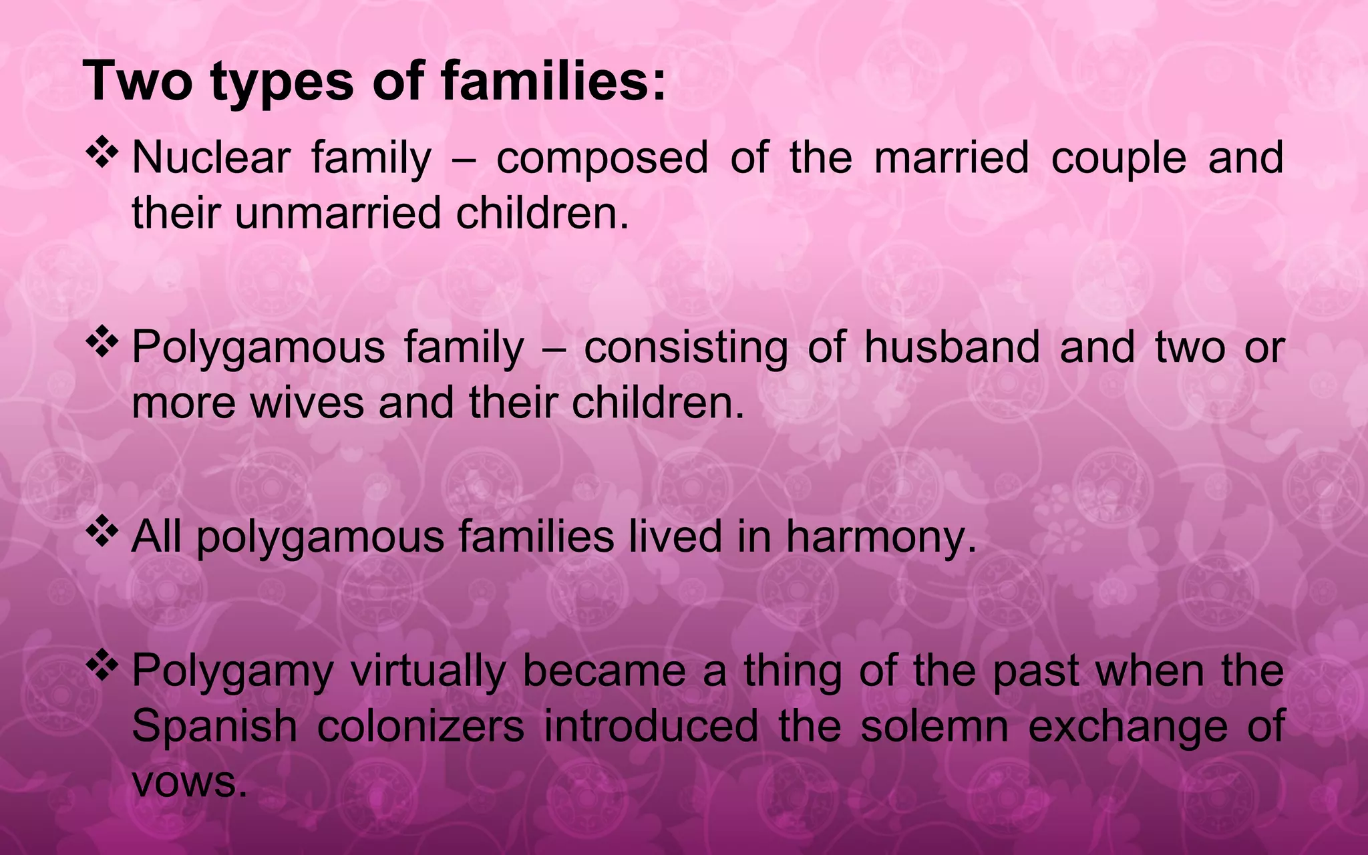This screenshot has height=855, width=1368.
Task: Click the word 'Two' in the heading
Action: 138,81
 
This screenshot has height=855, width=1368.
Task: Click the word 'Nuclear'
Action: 211,158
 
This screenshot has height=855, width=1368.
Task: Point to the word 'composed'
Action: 602,158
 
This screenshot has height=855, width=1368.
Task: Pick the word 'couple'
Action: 1119,158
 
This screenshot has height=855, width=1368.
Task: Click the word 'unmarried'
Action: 337,213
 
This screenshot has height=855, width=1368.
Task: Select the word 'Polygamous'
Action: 259,348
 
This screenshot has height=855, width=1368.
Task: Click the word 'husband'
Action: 952,348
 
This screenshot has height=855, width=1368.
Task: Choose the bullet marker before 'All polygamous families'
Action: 102,532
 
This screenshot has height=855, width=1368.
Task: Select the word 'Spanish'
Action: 214,726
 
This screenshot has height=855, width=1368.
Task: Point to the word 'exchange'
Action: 1128,726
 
